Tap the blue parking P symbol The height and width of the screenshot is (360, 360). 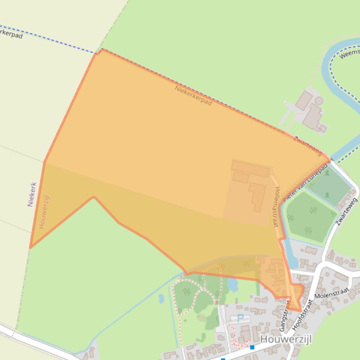pyautogui.click(x=240, y=318)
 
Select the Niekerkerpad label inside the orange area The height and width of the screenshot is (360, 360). pyautogui.click(x=193, y=95)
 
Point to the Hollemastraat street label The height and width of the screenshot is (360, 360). pyautogui.click(x=277, y=207)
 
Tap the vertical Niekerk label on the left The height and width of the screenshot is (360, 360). pyautogui.click(x=32, y=194)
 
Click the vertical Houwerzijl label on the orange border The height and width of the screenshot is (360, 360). pyautogui.click(x=44, y=212)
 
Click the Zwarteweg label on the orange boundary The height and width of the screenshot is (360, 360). pyautogui.click(x=308, y=145)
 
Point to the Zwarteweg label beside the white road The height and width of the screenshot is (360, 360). pyautogui.click(x=346, y=212)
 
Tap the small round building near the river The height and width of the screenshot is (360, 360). pyautogui.click(x=318, y=101)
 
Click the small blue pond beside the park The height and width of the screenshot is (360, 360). pyautogui.click(x=232, y=285)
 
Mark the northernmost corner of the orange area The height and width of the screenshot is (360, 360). pyautogui.click(x=101, y=49)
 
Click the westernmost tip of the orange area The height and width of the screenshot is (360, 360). pyautogui.click(x=30, y=247)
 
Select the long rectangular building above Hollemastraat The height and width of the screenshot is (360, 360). pyautogui.click(x=251, y=169)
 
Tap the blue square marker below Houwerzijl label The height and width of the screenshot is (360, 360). pyautogui.click(x=252, y=347)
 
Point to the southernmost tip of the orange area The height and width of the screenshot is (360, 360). pyautogui.click(x=299, y=311)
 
